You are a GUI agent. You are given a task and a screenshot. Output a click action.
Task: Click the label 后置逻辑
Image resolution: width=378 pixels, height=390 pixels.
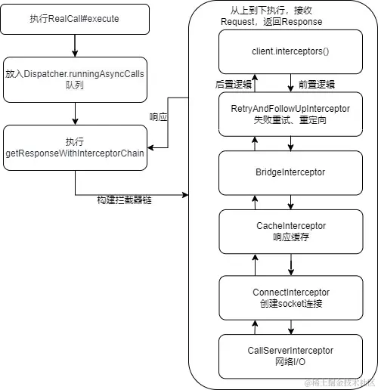pyautogui.click(x=233, y=85)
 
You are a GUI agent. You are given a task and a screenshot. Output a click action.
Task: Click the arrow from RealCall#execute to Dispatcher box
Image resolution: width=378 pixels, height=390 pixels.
pyautogui.click(x=75, y=45)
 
